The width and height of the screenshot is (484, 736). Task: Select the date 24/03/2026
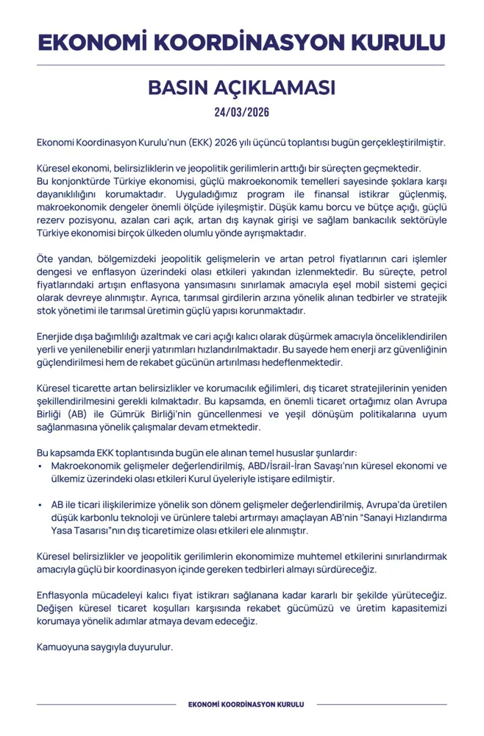241,113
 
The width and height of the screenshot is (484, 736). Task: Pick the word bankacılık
363,220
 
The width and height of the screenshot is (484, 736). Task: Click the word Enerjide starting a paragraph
56,336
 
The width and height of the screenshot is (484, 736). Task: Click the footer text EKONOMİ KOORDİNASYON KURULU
242,705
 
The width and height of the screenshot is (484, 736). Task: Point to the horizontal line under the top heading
241,66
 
